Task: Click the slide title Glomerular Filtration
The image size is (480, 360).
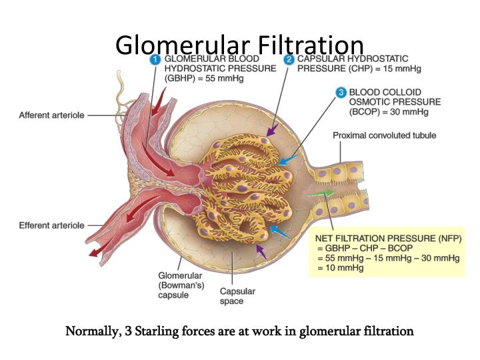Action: (239, 45)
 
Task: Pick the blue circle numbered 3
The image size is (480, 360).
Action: (341, 93)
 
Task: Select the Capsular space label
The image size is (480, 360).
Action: (237, 296)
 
